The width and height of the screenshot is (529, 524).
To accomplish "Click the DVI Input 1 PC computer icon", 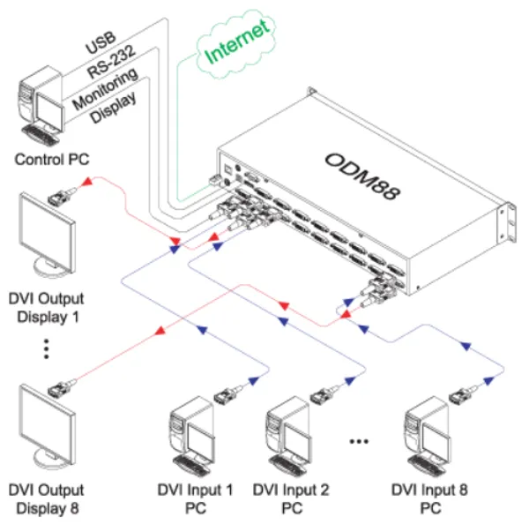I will (193, 437).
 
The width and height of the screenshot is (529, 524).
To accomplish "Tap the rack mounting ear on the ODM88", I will (507, 220).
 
